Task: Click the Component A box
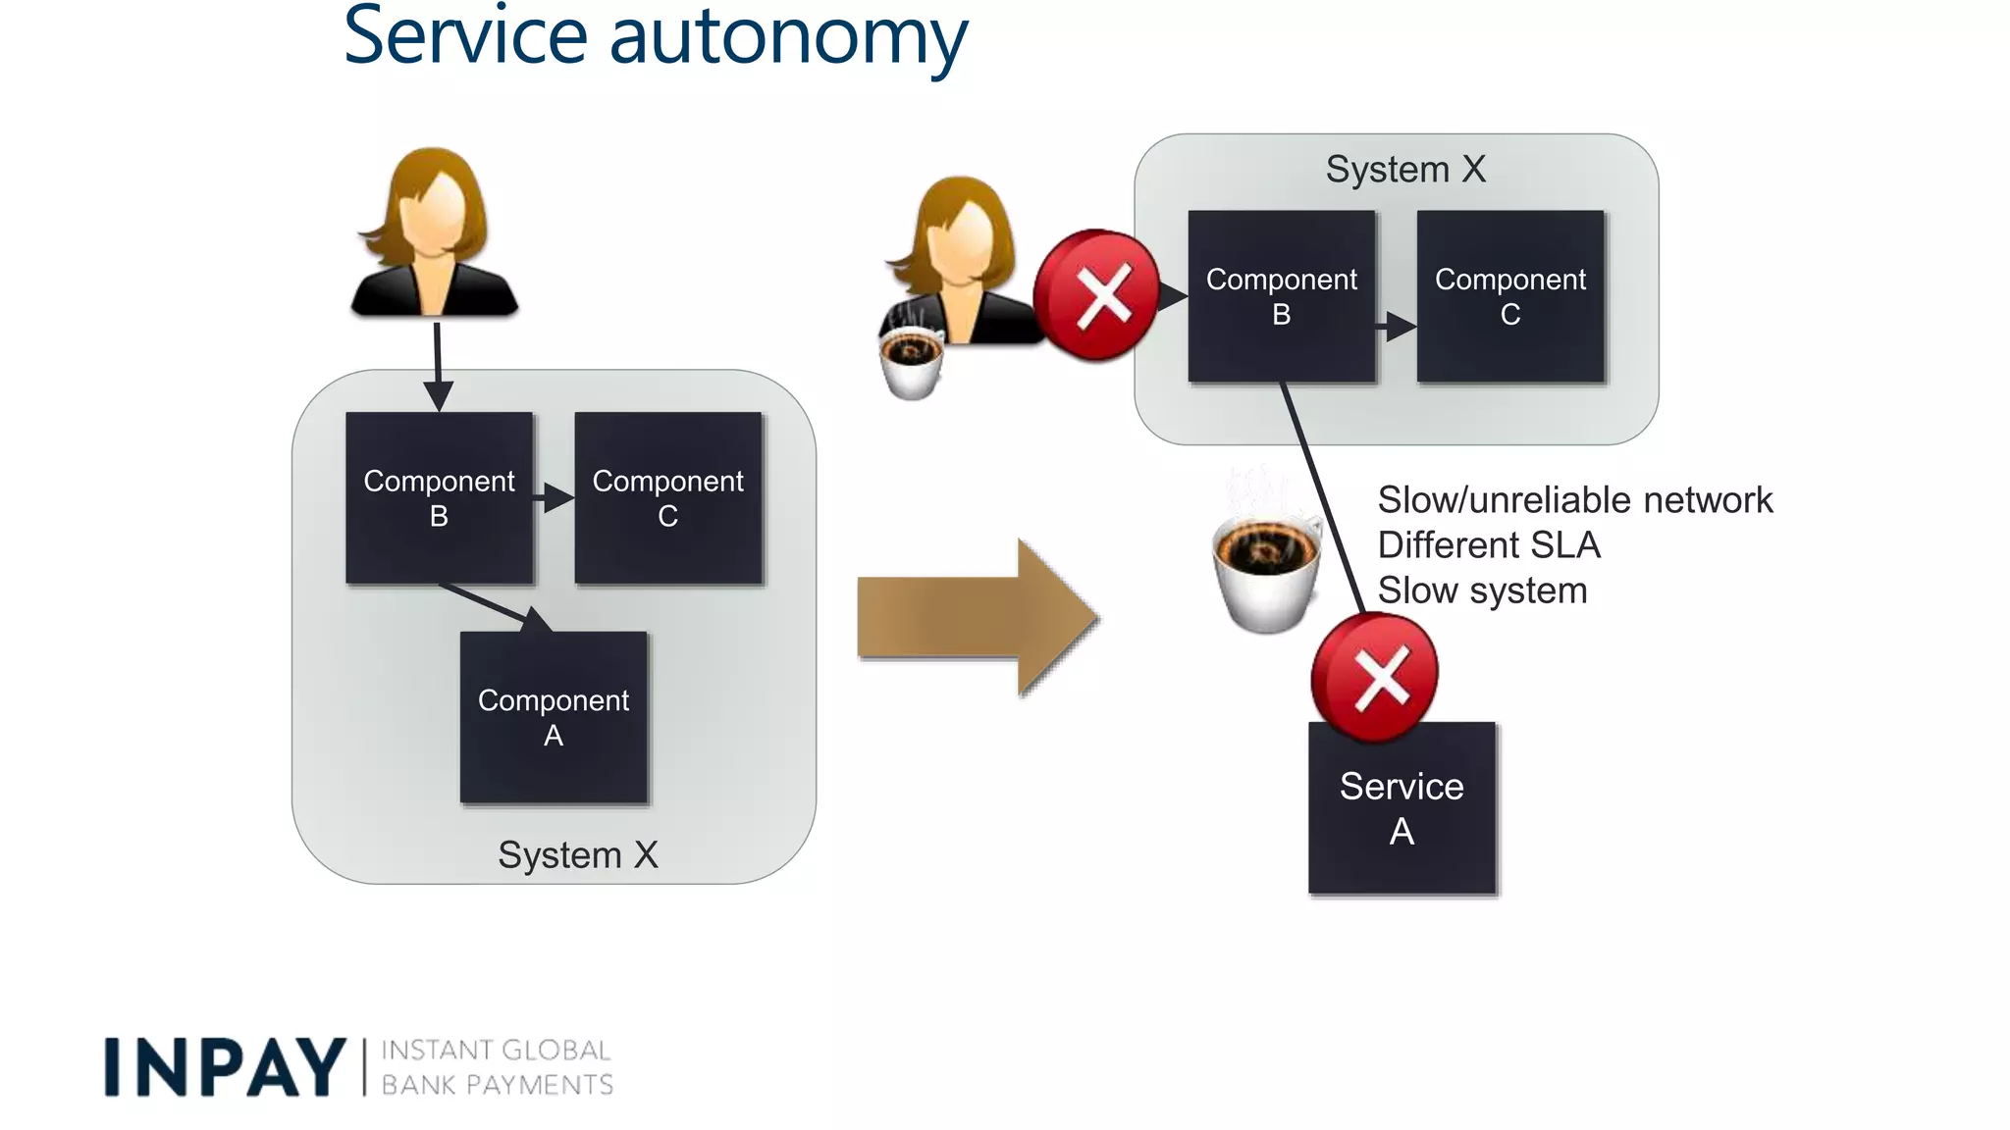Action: pyautogui.click(x=554, y=717)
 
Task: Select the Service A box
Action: pyautogui.click(x=1402, y=807)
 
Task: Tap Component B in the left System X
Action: pyautogui.click(x=439, y=497)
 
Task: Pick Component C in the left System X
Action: pyautogui.click(x=667, y=497)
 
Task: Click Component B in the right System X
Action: pyautogui.click(x=1281, y=295)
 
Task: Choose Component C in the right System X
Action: pyautogui.click(x=1509, y=295)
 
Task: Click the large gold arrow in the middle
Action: pyautogui.click(x=977, y=617)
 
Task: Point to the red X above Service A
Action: pyautogui.click(x=1375, y=677)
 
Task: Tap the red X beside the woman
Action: pyautogui.click(x=1097, y=294)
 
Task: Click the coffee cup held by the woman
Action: pyautogui.click(x=912, y=361)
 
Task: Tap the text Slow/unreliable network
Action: pyautogui.click(x=1574, y=500)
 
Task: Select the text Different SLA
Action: pyautogui.click(x=1488, y=545)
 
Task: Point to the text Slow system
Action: pyautogui.click(x=1481, y=591)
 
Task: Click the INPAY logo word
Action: pyautogui.click(x=225, y=1067)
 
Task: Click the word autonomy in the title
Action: pyautogui.click(x=787, y=37)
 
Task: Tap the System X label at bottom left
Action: pyautogui.click(x=577, y=854)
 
